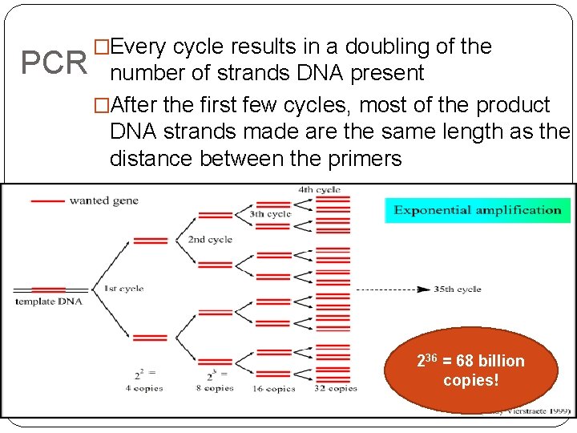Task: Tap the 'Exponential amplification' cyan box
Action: click(477, 210)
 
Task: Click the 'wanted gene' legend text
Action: click(103, 200)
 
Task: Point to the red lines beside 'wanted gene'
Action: click(46, 200)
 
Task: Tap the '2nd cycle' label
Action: click(209, 239)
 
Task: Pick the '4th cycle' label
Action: click(318, 190)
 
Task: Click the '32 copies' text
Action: click(334, 388)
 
